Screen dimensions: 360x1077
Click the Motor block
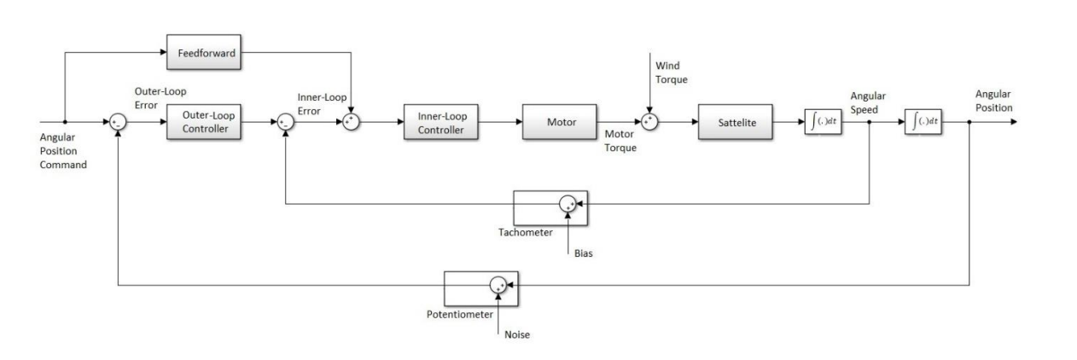[x=560, y=123]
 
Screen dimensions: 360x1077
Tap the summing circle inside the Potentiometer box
[x=498, y=286]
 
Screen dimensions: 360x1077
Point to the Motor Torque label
[x=620, y=141]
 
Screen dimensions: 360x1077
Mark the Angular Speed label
[x=867, y=102]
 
